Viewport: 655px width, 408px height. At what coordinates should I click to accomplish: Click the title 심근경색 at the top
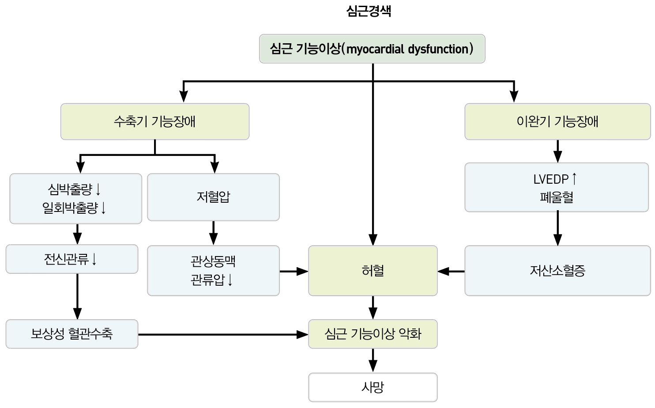pos(369,11)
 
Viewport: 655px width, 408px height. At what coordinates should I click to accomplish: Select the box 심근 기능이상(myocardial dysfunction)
pos(372,49)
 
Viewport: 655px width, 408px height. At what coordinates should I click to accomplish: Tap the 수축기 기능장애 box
pos(154,121)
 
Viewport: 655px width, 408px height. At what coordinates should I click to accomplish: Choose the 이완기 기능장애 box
pos(557,121)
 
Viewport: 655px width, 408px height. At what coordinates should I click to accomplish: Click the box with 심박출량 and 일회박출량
pos(75,198)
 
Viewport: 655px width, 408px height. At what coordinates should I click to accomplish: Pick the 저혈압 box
pos(213,197)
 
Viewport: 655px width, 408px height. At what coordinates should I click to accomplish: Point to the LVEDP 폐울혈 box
pos(556,188)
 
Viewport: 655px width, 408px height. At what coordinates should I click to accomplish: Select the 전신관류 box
pos(72,259)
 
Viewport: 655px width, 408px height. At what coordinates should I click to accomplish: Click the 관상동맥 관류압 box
pos(213,270)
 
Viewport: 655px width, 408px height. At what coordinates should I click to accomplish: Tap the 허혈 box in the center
pos(373,270)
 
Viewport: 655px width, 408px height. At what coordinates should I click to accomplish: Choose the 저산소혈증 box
pos(557,270)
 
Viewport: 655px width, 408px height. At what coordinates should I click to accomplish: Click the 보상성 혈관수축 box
pos(72,334)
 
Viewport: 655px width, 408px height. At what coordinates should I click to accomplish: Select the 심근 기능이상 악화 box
pos(373,334)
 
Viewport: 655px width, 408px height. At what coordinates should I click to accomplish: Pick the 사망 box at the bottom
pos(373,387)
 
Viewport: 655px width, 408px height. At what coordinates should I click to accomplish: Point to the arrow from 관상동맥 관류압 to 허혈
pos(294,271)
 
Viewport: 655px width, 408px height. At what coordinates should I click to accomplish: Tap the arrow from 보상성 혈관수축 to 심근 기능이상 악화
pos(223,335)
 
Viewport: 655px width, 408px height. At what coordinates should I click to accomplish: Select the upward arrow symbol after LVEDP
pos(574,179)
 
